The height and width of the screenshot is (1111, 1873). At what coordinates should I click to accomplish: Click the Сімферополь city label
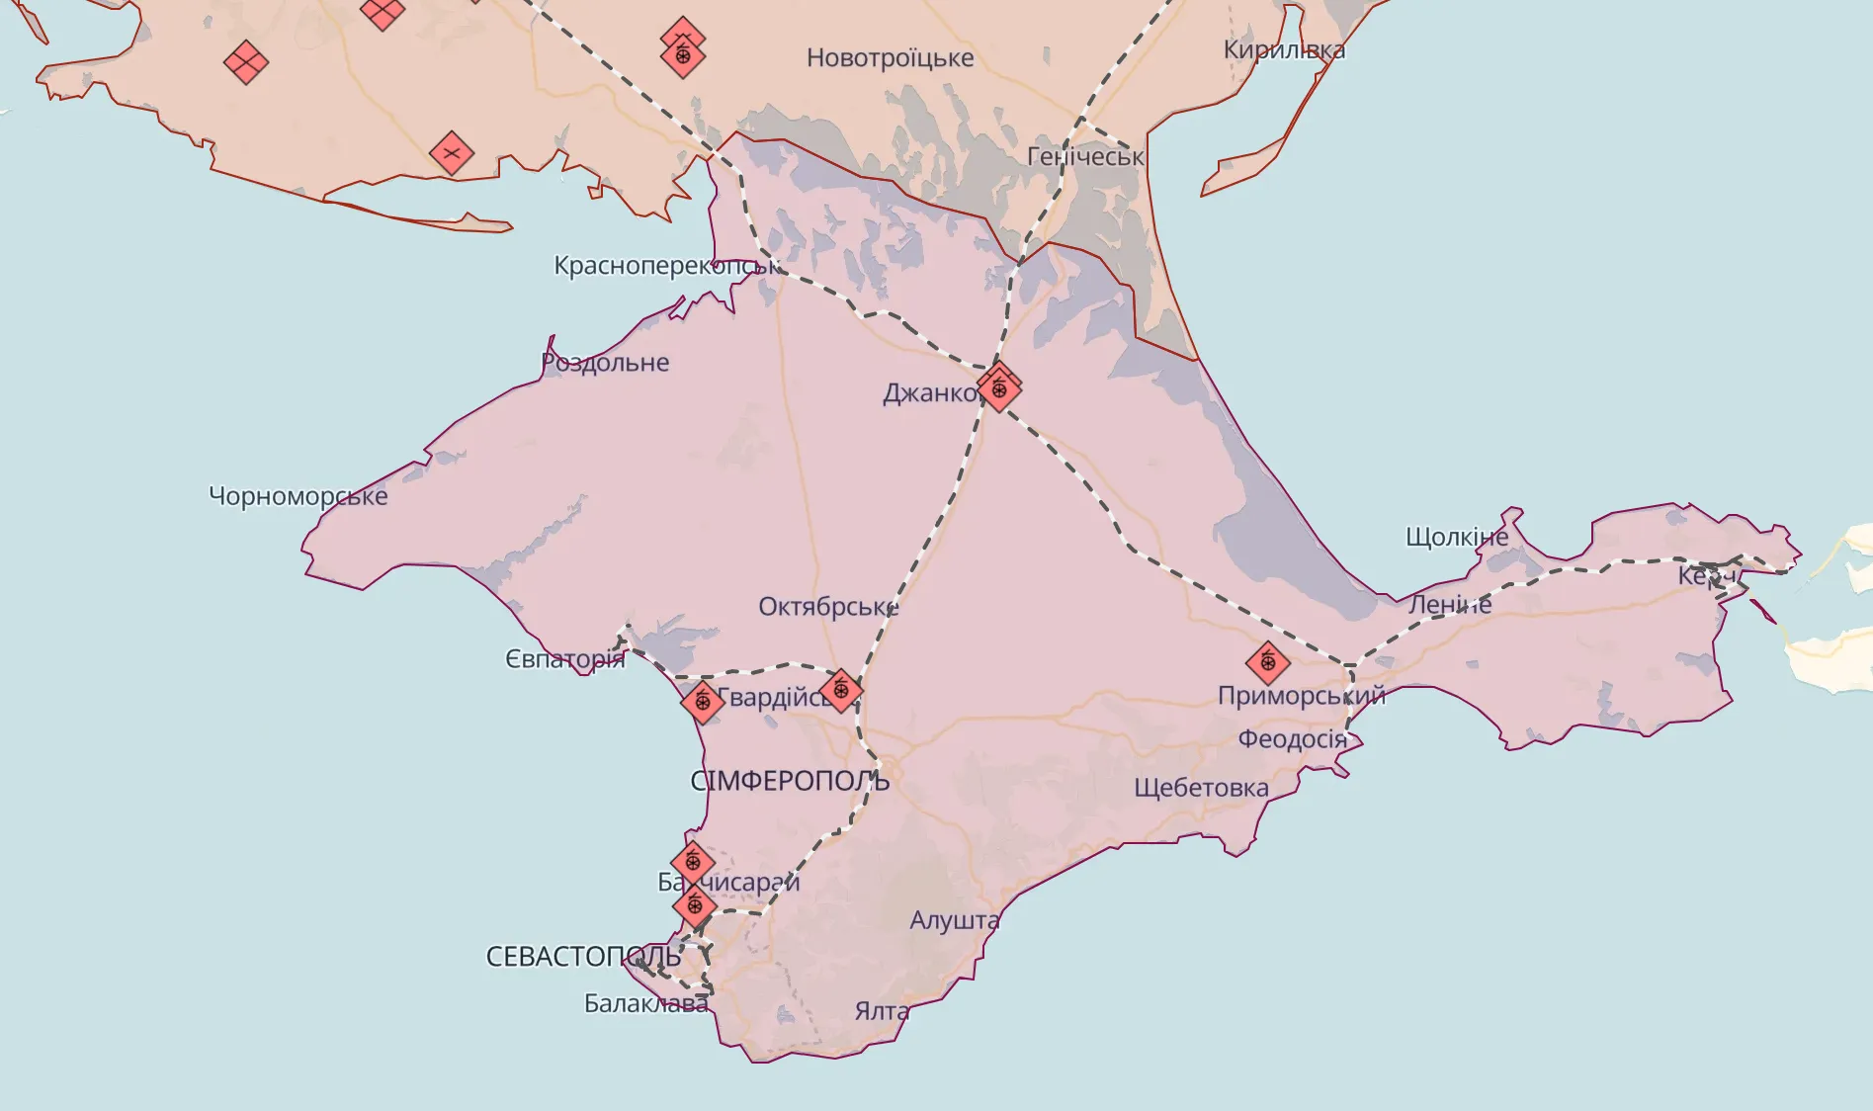click(790, 781)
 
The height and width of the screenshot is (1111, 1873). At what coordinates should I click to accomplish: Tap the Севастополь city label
click(583, 956)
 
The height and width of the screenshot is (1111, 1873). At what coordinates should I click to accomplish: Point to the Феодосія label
click(1292, 739)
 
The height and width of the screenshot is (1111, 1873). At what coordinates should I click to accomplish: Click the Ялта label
click(882, 1011)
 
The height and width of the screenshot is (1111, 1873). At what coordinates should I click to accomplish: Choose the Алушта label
click(954, 920)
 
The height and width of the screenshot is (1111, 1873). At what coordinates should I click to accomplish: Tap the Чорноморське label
click(298, 496)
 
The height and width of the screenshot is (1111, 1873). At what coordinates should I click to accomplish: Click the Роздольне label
click(605, 363)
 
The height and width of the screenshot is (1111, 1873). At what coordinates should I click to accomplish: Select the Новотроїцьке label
click(890, 57)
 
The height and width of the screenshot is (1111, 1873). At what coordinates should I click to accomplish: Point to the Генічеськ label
click(1085, 156)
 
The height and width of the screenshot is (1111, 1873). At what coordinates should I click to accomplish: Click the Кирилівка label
click(1284, 49)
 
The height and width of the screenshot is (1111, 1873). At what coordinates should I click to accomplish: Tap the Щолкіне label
click(1457, 537)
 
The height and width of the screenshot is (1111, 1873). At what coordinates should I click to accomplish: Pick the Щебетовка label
click(1201, 788)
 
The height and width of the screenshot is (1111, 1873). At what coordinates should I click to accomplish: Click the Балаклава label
click(645, 1003)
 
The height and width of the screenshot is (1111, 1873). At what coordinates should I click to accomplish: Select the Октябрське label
click(828, 606)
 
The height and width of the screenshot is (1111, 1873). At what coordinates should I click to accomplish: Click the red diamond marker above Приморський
click(1267, 662)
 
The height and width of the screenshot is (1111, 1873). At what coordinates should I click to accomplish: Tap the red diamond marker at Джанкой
click(999, 387)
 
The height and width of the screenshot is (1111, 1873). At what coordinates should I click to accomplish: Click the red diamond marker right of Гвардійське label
click(841, 690)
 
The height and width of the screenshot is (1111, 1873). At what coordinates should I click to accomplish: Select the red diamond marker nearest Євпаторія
click(703, 702)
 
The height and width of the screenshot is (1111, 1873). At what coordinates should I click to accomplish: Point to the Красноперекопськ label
click(666, 265)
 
